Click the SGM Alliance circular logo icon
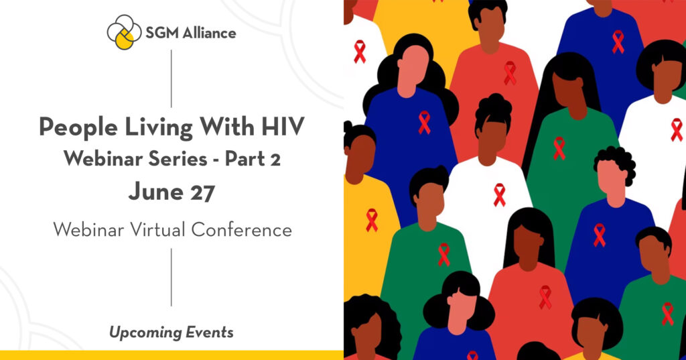pos(124,32)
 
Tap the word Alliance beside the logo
pos(209,33)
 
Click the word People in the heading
pos(79,128)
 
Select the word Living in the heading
pos(159,128)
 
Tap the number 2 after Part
pos(275,160)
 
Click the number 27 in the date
pos(202,192)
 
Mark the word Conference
pos(241,229)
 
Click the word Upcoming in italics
pos(145,333)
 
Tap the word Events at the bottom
pos(210,332)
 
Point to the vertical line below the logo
pos(171,78)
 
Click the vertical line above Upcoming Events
pos(171,278)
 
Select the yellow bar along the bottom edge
pos(171,355)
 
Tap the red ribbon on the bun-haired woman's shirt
pos(499,195)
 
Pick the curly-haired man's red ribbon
pos(599,235)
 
